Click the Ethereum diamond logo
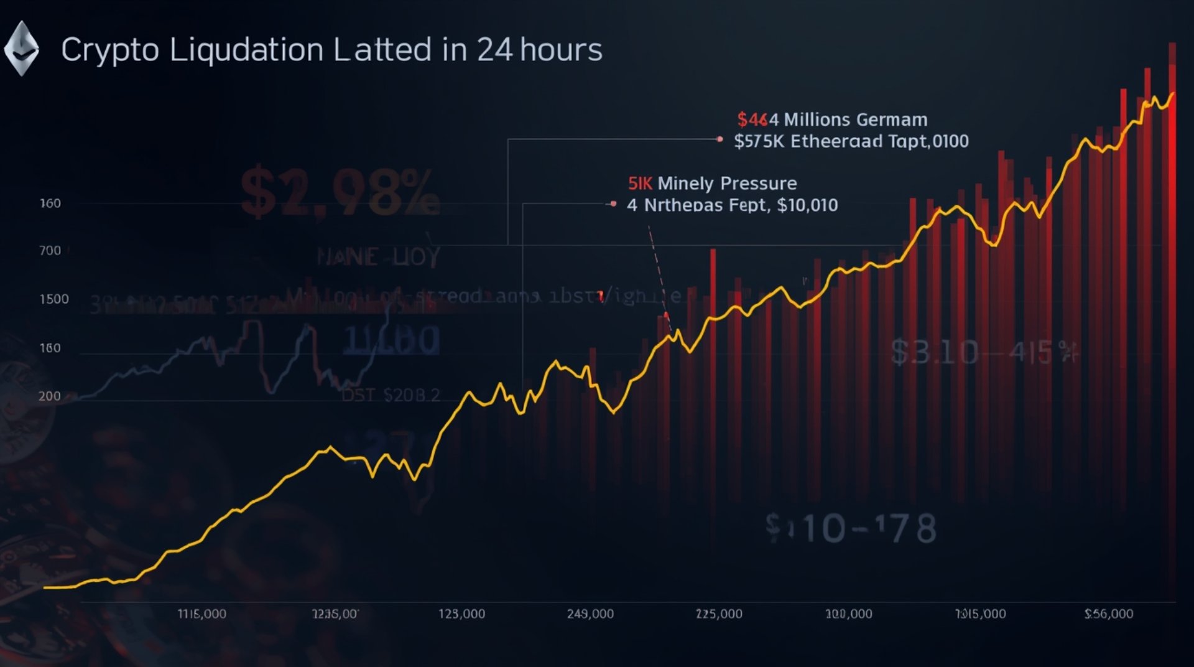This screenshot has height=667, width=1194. (22, 49)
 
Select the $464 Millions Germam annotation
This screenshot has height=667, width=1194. (832, 119)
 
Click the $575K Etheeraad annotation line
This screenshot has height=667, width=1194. (851, 141)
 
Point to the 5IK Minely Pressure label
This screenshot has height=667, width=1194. (712, 184)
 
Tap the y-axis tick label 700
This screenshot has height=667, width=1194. (50, 251)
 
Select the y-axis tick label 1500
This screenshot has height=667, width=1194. (54, 299)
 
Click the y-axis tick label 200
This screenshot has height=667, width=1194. (49, 396)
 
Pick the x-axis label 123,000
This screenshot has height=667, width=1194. (461, 614)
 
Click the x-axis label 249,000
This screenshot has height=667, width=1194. (590, 614)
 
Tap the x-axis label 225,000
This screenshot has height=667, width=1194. (719, 614)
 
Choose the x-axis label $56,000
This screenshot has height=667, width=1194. (1109, 614)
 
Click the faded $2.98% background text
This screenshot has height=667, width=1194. (339, 192)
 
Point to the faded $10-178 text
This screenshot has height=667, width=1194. (851, 529)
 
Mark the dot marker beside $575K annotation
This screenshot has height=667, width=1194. (720, 139)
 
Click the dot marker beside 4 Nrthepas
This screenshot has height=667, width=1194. (614, 203)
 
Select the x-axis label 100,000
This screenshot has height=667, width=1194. (848, 614)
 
